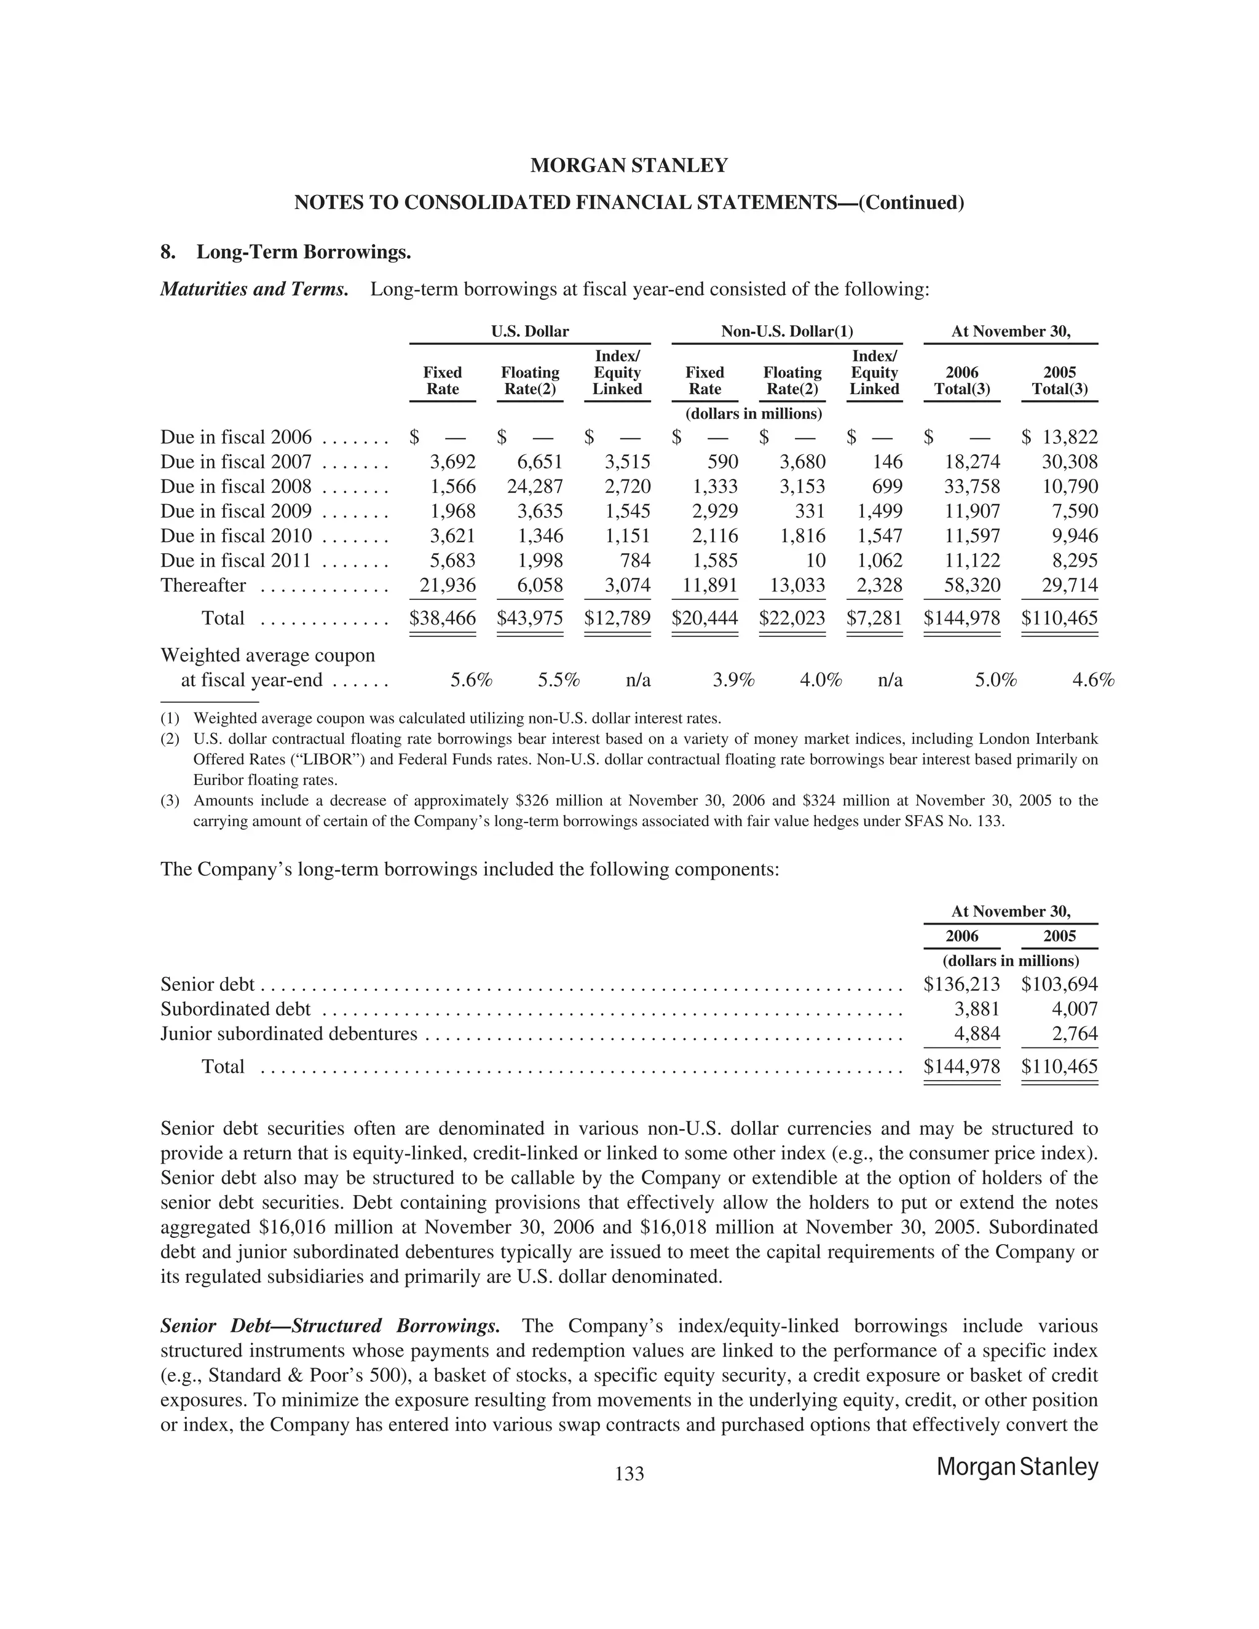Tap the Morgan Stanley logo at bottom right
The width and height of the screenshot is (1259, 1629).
pyautogui.click(x=1017, y=1467)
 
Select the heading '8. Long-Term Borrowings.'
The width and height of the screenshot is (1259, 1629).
pyautogui.click(x=286, y=252)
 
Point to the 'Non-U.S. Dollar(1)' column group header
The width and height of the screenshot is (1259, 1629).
pyautogui.click(x=787, y=331)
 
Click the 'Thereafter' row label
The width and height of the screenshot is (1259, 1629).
pyautogui.click(x=203, y=585)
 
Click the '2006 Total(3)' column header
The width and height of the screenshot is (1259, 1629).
pyautogui.click(x=961, y=381)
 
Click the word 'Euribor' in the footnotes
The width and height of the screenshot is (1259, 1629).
pyautogui.click(x=216, y=780)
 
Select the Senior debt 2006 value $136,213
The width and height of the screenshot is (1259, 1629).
pyautogui.click(x=961, y=985)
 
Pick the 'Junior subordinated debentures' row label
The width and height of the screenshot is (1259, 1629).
pyautogui.click(x=289, y=1034)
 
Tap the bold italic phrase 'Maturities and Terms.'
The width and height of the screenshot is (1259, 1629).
pyautogui.click(x=255, y=289)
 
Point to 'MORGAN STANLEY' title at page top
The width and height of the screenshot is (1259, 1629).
pyautogui.click(x=629, y=165)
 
